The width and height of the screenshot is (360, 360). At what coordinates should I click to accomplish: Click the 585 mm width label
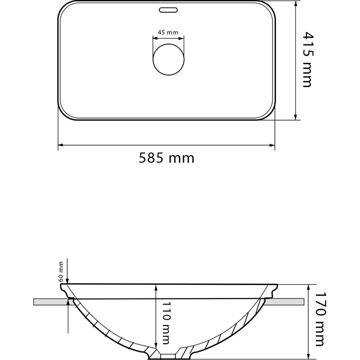tap(166, 158)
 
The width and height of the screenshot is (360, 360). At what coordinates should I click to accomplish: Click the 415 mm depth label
tap(308, 59)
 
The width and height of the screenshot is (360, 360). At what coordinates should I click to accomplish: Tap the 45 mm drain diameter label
tap(168, 32)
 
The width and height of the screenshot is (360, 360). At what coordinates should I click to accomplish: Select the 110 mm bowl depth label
tap(166, 323)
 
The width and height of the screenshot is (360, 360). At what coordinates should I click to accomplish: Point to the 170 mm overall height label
tap(320, 319)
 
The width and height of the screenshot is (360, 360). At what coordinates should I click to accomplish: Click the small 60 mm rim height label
tap(61, 272)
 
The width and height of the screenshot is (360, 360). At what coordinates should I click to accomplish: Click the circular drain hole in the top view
tap(168, 59)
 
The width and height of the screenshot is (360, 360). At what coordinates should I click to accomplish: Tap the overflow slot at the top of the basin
tap(168, 10)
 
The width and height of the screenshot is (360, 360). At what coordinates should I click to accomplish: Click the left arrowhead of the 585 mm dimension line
tap(60, 145)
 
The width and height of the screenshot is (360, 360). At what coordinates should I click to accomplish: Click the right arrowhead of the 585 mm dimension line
tap(272, 145)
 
